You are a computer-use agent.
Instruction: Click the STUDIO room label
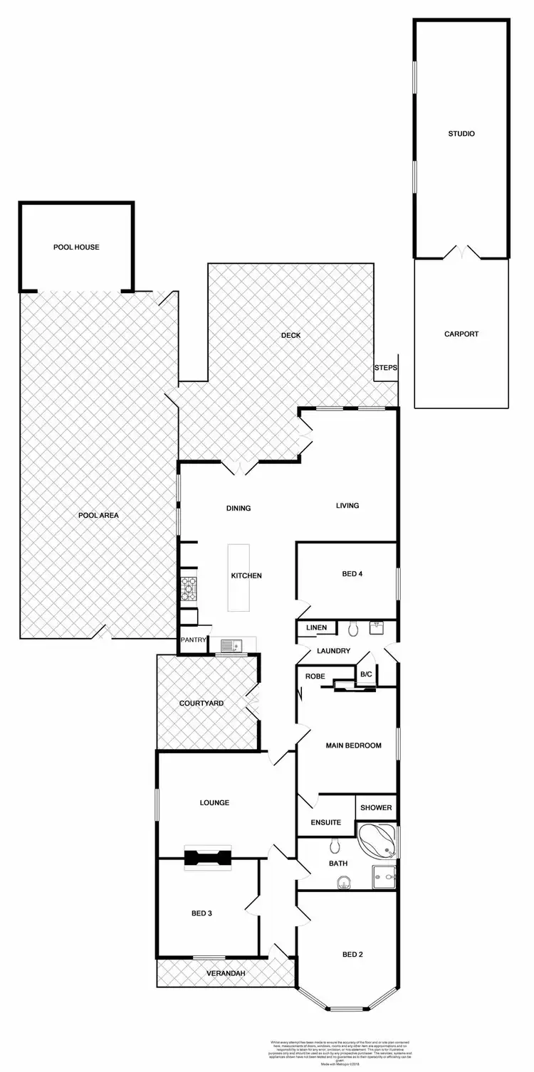[461, 134]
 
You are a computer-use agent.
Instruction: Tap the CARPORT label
[461, 334]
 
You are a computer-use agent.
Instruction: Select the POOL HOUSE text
[76, 248]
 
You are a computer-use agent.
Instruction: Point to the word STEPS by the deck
[385, 368]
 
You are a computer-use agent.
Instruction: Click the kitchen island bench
[239, 577]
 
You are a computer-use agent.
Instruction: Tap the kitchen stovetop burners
[189, 585]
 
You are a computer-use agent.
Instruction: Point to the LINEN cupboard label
[316, 627]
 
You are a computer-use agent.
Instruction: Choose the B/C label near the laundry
[366, 674]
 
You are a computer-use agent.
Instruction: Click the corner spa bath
[379, 841]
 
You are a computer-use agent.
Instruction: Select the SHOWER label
[375, 807]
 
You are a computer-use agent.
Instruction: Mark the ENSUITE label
[326, 822]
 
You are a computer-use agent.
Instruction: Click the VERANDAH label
[225, 973]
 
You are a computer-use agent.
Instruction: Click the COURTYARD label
[201, 704]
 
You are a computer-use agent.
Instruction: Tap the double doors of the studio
[461, 253]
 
